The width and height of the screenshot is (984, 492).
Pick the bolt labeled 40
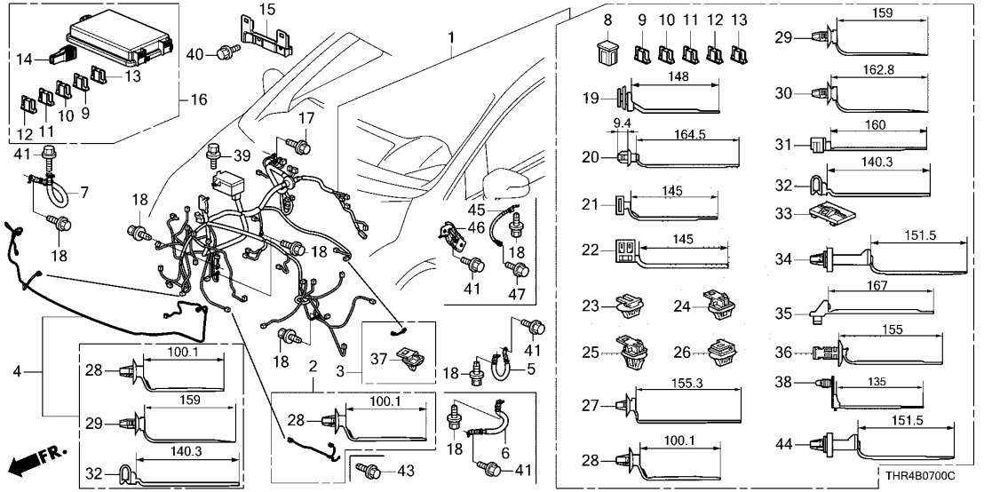[x=223, y=54]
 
